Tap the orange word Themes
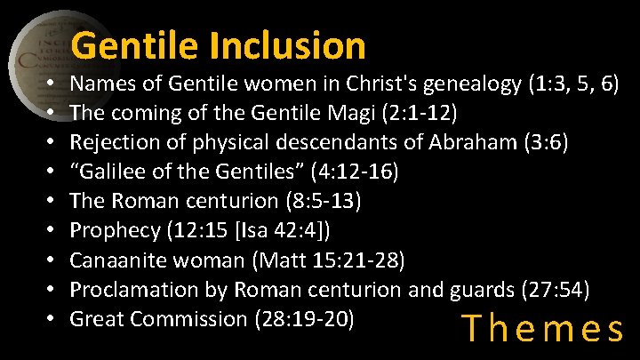click(x=544, y=330)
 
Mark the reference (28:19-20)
click(x=304, y=319)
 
